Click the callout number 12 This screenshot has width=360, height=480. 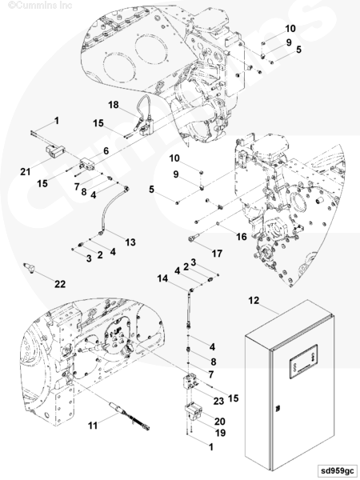click(x=254, y=301)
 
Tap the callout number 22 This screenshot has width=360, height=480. click(x=60, y=284)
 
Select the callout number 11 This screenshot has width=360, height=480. click(x=93, y=426)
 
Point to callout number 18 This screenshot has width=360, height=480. click(x=114, y=105)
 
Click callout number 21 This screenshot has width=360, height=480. click(x=26, y=172)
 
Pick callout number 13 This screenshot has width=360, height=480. click(x=130, y=242)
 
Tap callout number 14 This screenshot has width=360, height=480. click(x=163, y=278)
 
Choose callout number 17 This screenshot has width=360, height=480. click(x=217, y=254)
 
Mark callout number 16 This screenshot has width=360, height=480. click(x=242, y=236)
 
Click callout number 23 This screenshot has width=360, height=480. click(x=218, y=401)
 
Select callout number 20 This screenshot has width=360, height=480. click(x=220, y=422)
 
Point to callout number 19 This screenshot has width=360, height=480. click(x=220, y=433)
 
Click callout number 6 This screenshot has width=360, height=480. click(x=106, y=150)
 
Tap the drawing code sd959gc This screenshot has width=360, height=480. click(x=337, y=470)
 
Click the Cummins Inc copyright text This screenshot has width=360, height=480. click(x=40, y=6)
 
